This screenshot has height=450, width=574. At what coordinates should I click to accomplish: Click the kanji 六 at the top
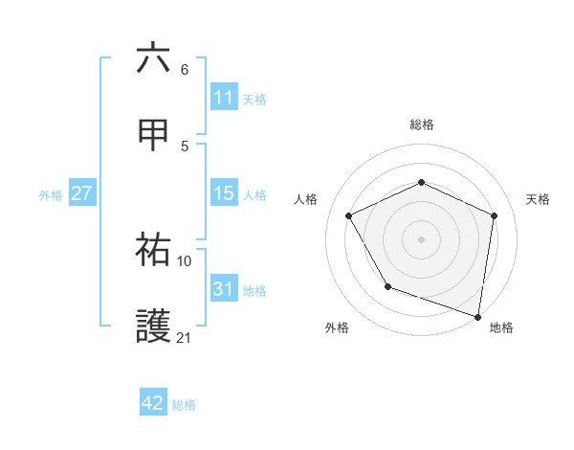click(153, 58)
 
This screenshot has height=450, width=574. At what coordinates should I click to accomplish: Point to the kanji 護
click(153, 326)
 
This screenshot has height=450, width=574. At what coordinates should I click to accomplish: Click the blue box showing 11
click(223, 98)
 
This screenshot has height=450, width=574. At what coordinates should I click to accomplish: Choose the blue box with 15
click(223, 193)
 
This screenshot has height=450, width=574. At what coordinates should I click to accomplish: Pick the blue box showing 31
click(223, 289)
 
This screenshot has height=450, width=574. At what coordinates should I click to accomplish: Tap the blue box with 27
click(81, 193)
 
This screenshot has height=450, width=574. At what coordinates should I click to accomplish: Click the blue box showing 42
click(153, 403)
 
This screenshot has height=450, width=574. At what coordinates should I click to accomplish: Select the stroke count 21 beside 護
click(185, 338)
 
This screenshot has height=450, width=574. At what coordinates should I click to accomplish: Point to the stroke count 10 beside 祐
click(185, 260)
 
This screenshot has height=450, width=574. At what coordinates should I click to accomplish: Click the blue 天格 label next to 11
click(254, 99)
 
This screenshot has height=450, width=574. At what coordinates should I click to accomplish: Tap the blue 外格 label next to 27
click(51, 194)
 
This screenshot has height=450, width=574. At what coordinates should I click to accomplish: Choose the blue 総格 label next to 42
click(184, 404)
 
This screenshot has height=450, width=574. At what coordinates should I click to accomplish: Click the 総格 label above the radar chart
click(422, 124)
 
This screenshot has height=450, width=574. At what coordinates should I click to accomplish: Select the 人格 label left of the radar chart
click(306, 199)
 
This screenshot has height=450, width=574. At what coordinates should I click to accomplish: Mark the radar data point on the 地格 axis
click(476, 315)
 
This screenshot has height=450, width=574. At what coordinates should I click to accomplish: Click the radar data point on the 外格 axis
click(387, 286)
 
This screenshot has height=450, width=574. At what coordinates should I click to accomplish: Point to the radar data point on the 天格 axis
click(494, 215)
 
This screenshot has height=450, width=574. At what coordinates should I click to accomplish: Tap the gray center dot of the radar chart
click(421, 238)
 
